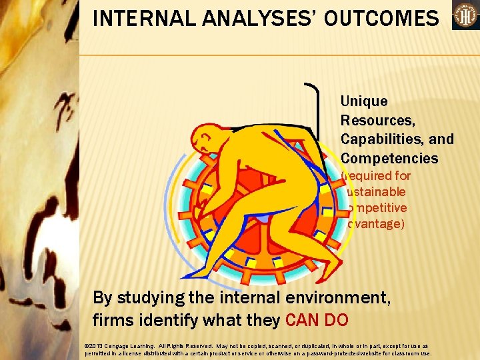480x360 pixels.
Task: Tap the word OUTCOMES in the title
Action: (x=379, y=18)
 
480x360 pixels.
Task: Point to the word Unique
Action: (x=363, y=101)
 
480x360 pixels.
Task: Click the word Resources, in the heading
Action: (x=376, y=121)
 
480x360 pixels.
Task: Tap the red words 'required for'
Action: (x=376, y=176)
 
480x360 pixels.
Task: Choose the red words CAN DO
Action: (x=316, y=320)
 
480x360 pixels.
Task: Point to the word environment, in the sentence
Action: (x=331, y=297)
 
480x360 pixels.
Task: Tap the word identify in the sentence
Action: (x=172, y=320)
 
